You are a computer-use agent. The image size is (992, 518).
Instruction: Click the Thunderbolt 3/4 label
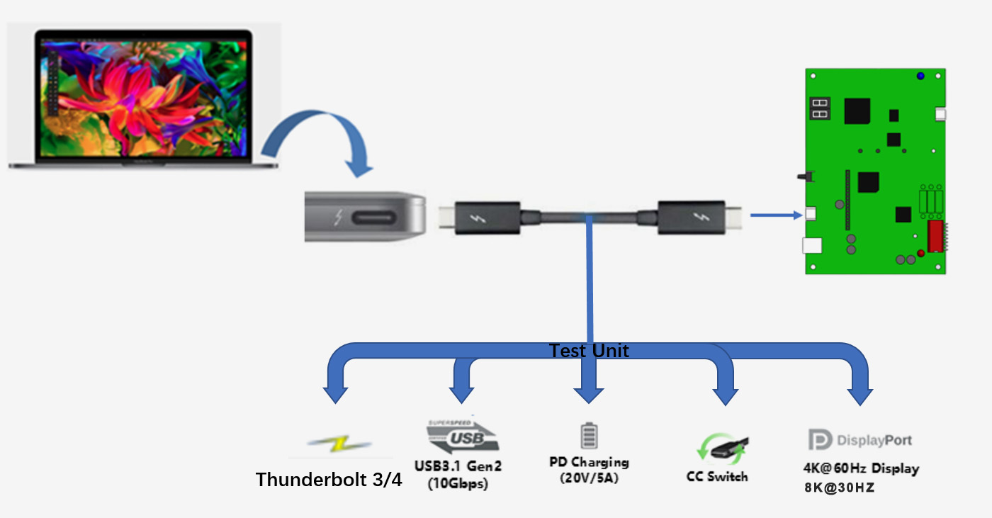coord(329,480)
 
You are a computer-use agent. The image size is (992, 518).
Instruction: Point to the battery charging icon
coord(589,435)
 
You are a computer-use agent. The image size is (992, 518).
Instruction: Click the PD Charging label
coord(589,463)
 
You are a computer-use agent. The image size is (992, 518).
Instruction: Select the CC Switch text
coord(717,477)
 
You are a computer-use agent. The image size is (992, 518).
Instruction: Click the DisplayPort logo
coord(859,440)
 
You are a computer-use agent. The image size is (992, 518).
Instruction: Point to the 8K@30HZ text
coord(839,488)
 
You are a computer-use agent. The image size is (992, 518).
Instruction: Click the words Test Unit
coord(589,350)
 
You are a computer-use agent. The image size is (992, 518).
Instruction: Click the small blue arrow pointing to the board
coord(776,213)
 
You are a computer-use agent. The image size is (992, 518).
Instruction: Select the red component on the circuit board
coord(934,235)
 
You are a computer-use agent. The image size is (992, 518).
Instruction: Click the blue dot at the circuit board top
coord(920,76)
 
